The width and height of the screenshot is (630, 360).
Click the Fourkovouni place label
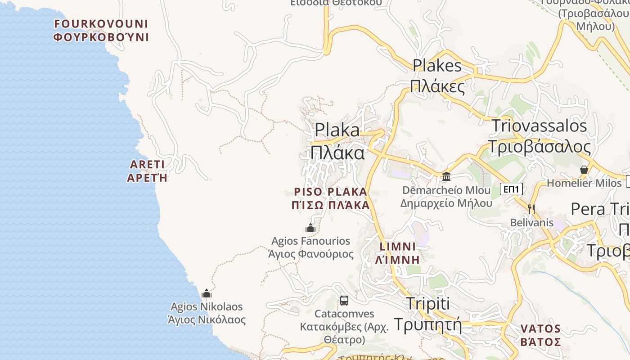click(101, 30)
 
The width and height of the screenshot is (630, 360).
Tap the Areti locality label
click(147, 171)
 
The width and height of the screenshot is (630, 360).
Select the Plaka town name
click(337, 141)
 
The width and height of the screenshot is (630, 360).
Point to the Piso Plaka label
click(331, 198)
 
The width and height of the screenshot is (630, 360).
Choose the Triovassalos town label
click(539, 136)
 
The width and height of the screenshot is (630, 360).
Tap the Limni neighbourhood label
click(398, 253)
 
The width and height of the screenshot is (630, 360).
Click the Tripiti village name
click(428, 314)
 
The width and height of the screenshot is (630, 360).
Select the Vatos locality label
click(540, 335)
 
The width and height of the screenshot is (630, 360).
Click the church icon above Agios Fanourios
click(310, 228)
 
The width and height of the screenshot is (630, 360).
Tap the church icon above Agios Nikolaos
click(207, 294)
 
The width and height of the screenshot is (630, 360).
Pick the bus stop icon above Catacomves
click(344, 300)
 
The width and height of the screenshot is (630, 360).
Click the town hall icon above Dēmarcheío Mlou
click(446, 176)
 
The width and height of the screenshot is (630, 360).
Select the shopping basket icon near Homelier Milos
click(584, 170)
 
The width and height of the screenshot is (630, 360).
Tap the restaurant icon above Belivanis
click(531, 208)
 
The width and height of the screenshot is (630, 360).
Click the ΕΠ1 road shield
click(512, 189)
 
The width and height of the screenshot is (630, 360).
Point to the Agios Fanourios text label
click(311, 247)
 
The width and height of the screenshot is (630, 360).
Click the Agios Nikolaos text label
click(207, 313)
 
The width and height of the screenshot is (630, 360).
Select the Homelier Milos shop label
click(584, 183)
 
